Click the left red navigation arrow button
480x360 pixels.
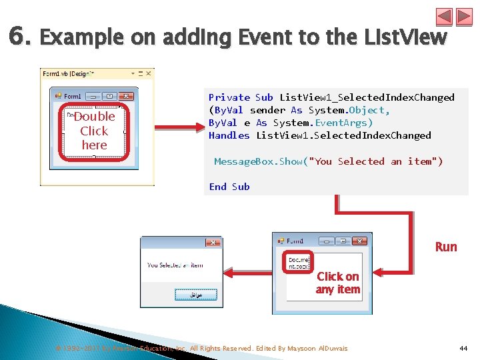(x=444, y=17)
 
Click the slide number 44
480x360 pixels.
(x=463, y=349)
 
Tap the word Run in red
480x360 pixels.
(x=446, y=247)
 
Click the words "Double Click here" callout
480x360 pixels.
(x=94, y=131)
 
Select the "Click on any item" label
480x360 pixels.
(x=338, y=283)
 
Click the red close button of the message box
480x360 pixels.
(x=213, y=243)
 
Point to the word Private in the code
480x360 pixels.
(x=229, y=97)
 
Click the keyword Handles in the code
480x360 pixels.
(x=229, y=135)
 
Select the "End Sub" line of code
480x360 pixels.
(x=229, y=187)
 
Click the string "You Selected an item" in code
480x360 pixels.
(x=379, y=161)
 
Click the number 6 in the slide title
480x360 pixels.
(x=18, y=36)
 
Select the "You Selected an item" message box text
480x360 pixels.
(x=175, y=265)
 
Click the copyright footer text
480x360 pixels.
(x=200, y=349)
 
